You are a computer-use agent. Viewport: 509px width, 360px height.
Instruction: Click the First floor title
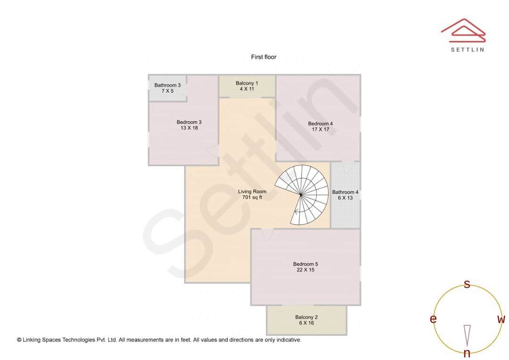263,57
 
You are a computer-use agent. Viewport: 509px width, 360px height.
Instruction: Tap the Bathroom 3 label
167,85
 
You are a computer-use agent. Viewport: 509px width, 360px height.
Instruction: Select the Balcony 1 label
247,83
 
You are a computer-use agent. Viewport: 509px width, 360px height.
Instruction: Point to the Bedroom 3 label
189,122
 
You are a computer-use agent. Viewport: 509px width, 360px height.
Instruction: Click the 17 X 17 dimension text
320,129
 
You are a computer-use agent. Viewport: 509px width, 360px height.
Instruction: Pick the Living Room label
252,191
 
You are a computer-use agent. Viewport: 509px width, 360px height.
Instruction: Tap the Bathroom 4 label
345,192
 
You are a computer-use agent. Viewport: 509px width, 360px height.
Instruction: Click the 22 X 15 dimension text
305,270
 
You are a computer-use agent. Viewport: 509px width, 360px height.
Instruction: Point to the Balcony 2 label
306,317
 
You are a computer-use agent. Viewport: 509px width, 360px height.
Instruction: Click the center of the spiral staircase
301,194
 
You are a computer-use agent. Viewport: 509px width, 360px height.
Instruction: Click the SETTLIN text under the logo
467,49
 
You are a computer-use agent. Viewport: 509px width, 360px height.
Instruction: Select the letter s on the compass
467,284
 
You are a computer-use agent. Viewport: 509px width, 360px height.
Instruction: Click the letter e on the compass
433,319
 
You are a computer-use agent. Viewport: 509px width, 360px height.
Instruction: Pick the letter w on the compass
501,319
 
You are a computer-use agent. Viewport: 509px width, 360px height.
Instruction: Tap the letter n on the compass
467,353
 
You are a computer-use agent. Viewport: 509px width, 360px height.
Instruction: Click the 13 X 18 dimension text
189,128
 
